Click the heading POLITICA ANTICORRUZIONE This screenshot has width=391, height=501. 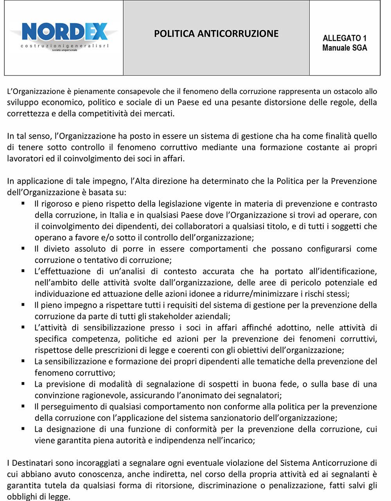216,34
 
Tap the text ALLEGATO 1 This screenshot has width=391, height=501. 344,38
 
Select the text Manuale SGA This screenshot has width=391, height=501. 344,48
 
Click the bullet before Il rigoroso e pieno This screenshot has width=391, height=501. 23,204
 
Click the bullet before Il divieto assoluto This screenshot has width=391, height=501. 23,249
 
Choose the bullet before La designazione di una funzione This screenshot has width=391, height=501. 23,429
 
